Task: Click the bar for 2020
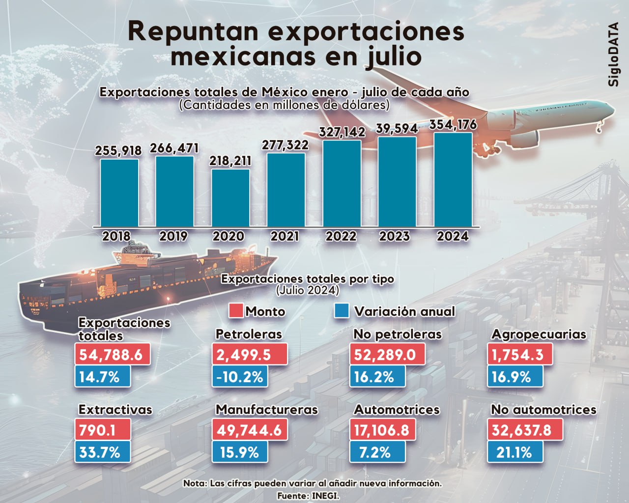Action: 230,198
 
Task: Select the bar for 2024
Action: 453,180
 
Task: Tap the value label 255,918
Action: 118,151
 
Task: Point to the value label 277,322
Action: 285,145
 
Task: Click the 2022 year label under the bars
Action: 341,236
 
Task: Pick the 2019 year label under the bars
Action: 173,236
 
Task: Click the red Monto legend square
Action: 236,311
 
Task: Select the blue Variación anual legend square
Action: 342,311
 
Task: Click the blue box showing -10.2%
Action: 240,377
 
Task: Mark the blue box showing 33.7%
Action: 102,452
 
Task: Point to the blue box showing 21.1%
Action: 515,452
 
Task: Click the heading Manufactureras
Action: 267,410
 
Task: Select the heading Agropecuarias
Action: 539,335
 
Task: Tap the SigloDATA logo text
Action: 613,55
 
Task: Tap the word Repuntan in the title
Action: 193,31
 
